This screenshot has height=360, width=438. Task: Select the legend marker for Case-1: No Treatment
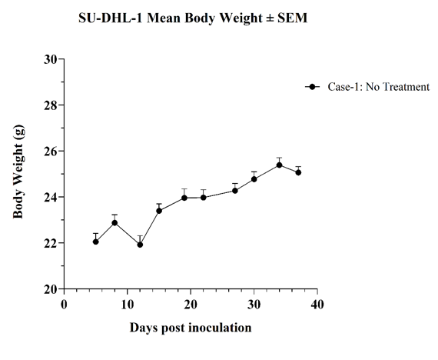tap(312, 87)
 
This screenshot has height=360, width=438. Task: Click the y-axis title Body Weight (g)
tap(19, 172)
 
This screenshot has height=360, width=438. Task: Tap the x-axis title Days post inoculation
tap(191, 328)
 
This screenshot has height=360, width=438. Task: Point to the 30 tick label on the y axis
tap(50, 59)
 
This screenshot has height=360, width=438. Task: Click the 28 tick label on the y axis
tap(50, 105)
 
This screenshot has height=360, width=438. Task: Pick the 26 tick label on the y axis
tap(50, 151)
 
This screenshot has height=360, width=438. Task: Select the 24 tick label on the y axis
tap(50, 197)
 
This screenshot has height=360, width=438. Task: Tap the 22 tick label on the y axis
tap(50, 243)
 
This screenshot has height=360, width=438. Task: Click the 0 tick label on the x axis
tap(64, 305)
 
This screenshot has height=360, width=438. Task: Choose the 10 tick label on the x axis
tap(128, 305)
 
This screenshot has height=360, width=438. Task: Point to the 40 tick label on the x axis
tap(317, 305)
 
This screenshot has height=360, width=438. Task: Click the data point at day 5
tap(96, 242)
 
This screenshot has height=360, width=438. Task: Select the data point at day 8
tap(114, 223)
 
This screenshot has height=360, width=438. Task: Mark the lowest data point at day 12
tap(140, 245)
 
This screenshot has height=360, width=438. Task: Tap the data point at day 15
tap(159, 211)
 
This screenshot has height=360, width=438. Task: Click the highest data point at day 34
tap(280, 165)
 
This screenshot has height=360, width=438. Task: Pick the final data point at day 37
tap(298, 172)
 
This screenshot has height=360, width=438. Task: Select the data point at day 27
tap(235, 191)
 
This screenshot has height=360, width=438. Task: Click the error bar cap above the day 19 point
tap(184, 189)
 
